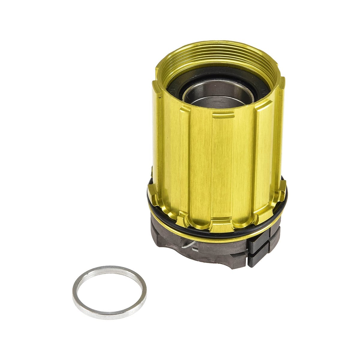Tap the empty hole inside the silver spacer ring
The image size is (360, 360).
(x=109, y=292)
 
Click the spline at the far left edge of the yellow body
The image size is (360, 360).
(x=156, y=135)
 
